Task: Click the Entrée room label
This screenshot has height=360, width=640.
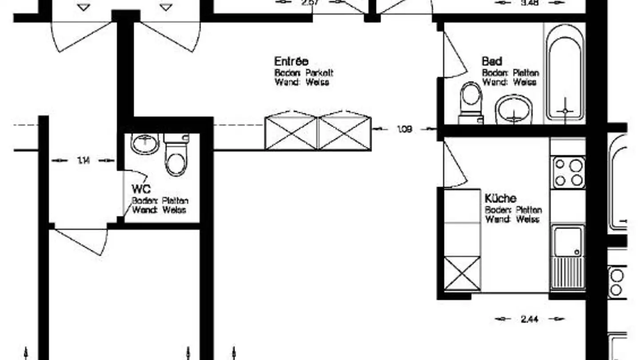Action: pyautogui.click(x=291, y=61)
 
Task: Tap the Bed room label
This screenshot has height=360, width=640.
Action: pyautogui.click(x=492, y=61)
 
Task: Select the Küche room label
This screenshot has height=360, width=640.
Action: pyautogui.click(x=500, y=198)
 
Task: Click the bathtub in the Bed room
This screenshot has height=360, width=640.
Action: pyautogui.click(x=565, y=73)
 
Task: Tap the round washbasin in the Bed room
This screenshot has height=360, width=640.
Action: pyautogui.click(x=514, y=109)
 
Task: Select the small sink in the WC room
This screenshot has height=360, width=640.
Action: pyautogui.click(x=145, y=143)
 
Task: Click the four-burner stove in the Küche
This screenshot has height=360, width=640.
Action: pyautogui.click(x=568, y=172)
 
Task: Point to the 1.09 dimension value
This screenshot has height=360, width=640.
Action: pyautogui.click(x=404, y=129)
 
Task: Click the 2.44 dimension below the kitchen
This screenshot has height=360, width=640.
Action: pyautogui.click(x=529, y=319)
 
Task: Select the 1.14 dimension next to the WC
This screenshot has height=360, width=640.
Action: pyautogui.click(x=83, y=160)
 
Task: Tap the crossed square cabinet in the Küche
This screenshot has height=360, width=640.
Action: pyautogui.click(x=462, y=273)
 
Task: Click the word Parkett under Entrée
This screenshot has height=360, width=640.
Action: pyautogui.click(x=319, y=73)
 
